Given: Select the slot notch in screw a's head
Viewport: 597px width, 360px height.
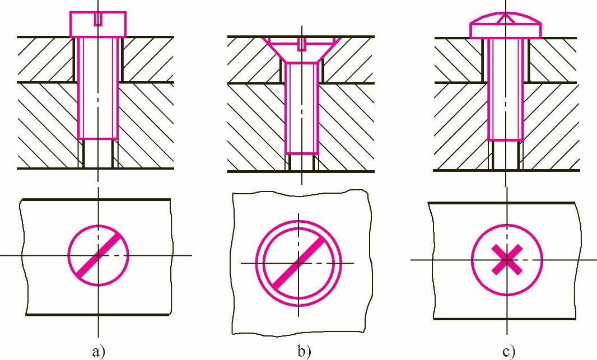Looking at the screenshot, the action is pyautogui.click(x=99, y=19).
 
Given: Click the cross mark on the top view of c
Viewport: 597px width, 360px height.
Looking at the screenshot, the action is pyautogui.click(x=507, y=260).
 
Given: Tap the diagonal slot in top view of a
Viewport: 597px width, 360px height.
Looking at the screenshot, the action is pyautogui.click(x=99, y=255).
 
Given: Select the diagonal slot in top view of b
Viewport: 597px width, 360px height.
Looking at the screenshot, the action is pyautogui.click(x=299, y=263).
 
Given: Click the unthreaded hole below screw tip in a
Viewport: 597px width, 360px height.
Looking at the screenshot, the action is pyautogui.click(x=98, y=153).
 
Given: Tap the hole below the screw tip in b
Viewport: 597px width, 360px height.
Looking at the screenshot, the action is pyautogui.click(x=302, y=162).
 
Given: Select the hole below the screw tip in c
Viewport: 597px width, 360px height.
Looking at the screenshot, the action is pyautogui.click(x=506, y=155).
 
